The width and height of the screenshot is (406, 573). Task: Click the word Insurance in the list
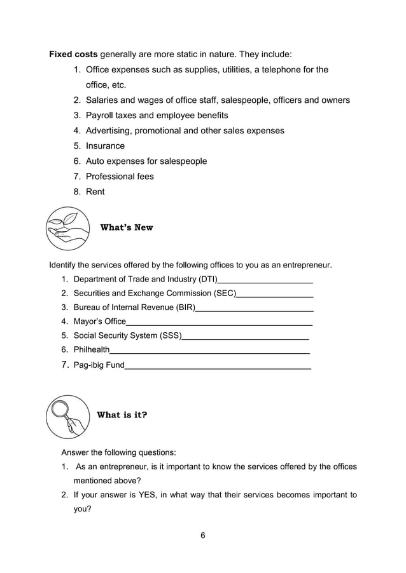105,145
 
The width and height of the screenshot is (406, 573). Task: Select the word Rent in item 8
95,191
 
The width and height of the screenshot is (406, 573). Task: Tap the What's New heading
127,227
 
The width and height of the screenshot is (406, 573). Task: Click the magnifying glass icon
68,416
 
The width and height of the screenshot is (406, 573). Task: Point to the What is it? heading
122,415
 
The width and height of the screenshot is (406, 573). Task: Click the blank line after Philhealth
209,351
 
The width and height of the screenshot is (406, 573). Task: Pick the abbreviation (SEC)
223,293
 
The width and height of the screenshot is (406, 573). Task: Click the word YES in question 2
139,495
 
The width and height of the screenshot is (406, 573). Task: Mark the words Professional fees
120,176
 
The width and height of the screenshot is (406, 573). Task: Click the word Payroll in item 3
101,115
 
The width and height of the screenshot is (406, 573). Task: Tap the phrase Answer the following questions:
118,452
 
